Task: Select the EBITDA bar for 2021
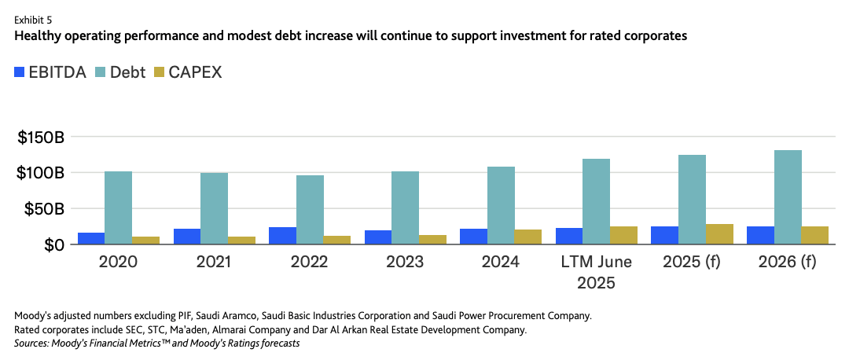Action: pos(187,236)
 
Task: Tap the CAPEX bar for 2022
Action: pos(336,240)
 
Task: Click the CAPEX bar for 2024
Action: pos(528,237)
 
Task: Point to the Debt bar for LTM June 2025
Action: pos(596,201)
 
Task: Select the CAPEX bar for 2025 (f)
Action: pos(719,233)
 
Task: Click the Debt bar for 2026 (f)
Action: pos(788,197)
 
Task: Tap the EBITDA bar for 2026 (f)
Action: pos(760,235)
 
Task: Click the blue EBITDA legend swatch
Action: pos(19,72)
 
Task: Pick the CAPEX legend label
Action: pos(195,72)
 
